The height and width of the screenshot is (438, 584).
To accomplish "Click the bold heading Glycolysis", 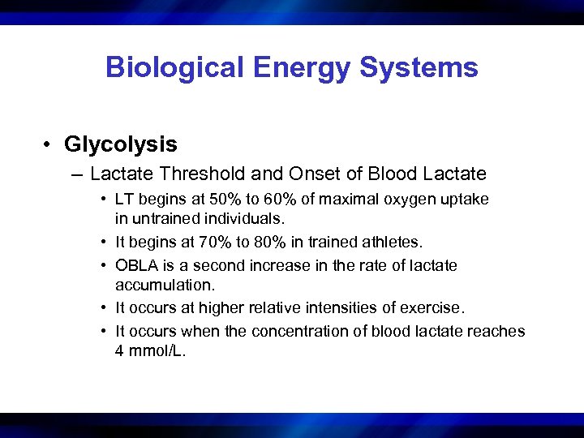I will [121, 144].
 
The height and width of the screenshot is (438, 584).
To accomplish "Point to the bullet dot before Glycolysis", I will [50, 145].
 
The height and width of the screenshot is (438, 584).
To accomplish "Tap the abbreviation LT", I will [125, 199].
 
